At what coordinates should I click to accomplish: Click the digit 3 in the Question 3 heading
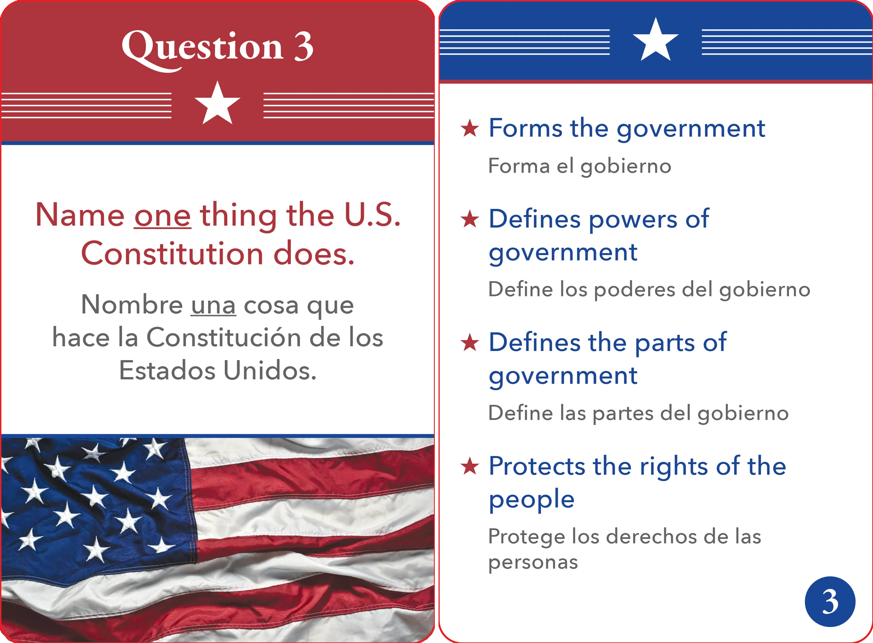[x=304, y=46]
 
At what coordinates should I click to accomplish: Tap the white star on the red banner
[x=217, y=103]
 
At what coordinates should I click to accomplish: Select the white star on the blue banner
[x=655, y=40]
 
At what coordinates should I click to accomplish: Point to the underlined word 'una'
[x=213, y=305]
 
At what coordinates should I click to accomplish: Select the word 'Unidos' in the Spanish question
[x=270, y=370]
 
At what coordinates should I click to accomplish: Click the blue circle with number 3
[x=830, y=601]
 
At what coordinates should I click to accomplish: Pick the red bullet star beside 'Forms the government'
[x=470, y=129]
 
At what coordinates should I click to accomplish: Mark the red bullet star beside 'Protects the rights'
[x=470, y=466]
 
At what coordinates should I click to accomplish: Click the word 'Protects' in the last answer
[x=537, y=466]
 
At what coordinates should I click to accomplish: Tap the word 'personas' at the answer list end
[x=533, y=563]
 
